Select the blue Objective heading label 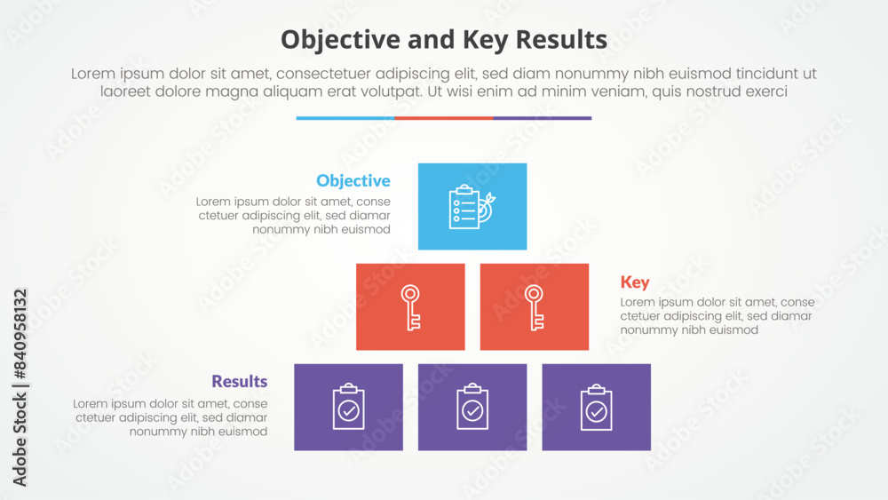[x=353, y=180]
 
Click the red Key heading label [x=635, y=282]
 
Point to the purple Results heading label [x=240, y=381]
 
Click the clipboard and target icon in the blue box [x=472, y=207]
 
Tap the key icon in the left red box [x=410, y=307]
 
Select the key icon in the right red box [x=534, y=307]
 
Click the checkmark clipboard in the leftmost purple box [x=348, y=407]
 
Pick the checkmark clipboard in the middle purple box [x=472, y=407]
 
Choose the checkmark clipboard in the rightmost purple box [x=597, y=407]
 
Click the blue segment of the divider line [x=345, y=118]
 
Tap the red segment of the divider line [x=444, y=118]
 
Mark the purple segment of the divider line [x=543, y=118]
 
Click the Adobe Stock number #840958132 [x=20, y=334]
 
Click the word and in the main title [x=432, y=40]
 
